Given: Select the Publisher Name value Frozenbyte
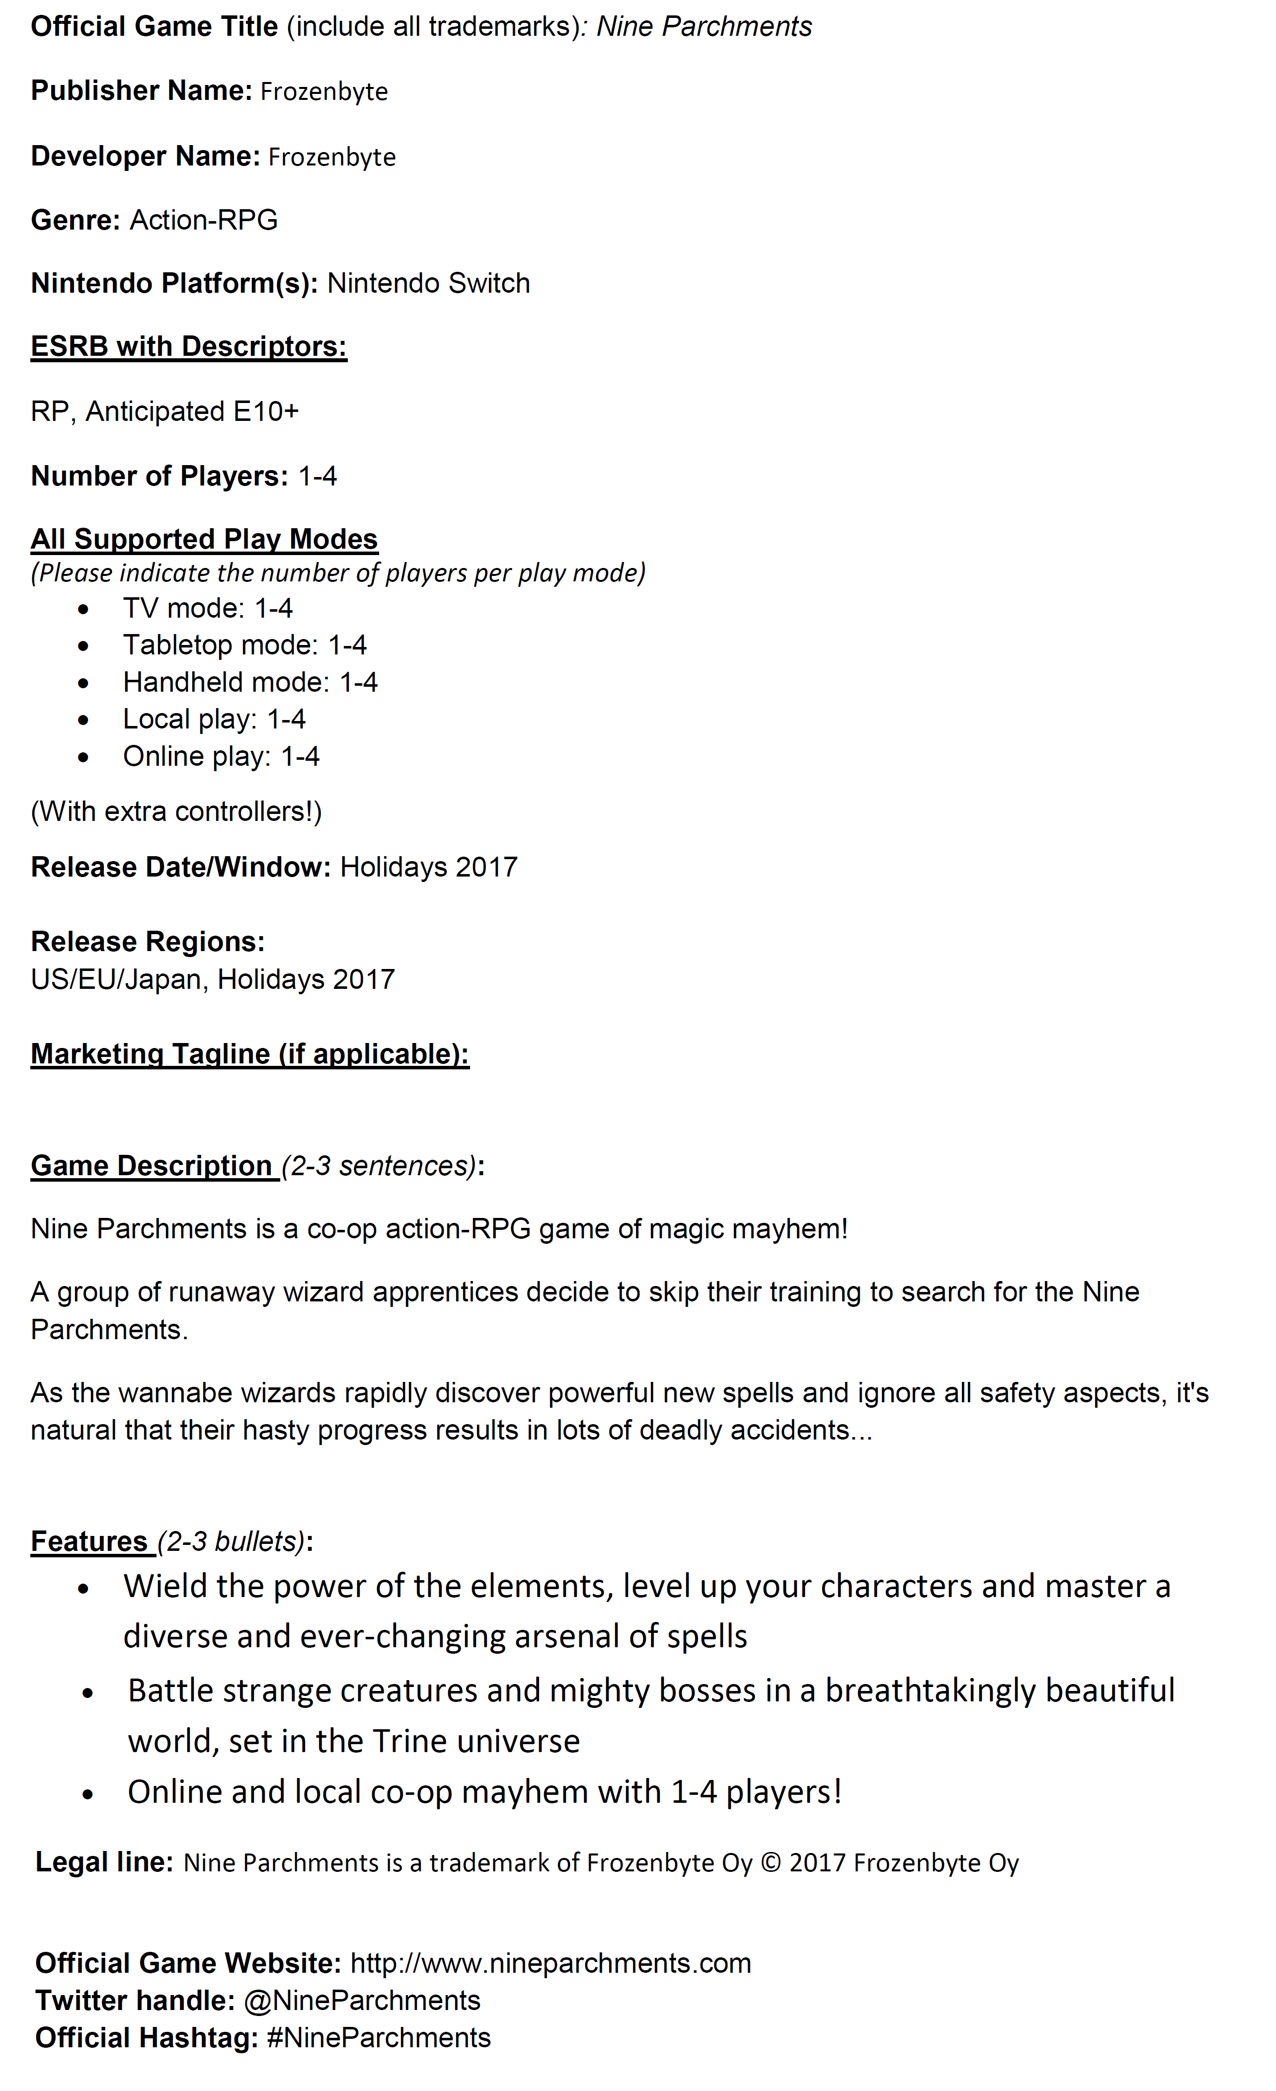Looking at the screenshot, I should (324, 91).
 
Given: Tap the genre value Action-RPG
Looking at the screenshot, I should (204, 220).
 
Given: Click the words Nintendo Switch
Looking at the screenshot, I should (428, 283).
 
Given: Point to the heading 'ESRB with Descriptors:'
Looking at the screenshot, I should (188, 346).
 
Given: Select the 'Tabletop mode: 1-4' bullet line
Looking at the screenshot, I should (244, 645).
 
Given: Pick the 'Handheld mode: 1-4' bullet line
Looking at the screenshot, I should (250, 682).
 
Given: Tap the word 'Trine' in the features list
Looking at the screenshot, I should (408, 1741).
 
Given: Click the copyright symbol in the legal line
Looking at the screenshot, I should (770, 1863).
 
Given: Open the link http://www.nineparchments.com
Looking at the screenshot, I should (551, 1963).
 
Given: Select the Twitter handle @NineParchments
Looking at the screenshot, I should (362, 2000).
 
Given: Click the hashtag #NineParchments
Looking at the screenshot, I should (379, 2037).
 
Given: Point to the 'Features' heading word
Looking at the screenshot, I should (89, 1541).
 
